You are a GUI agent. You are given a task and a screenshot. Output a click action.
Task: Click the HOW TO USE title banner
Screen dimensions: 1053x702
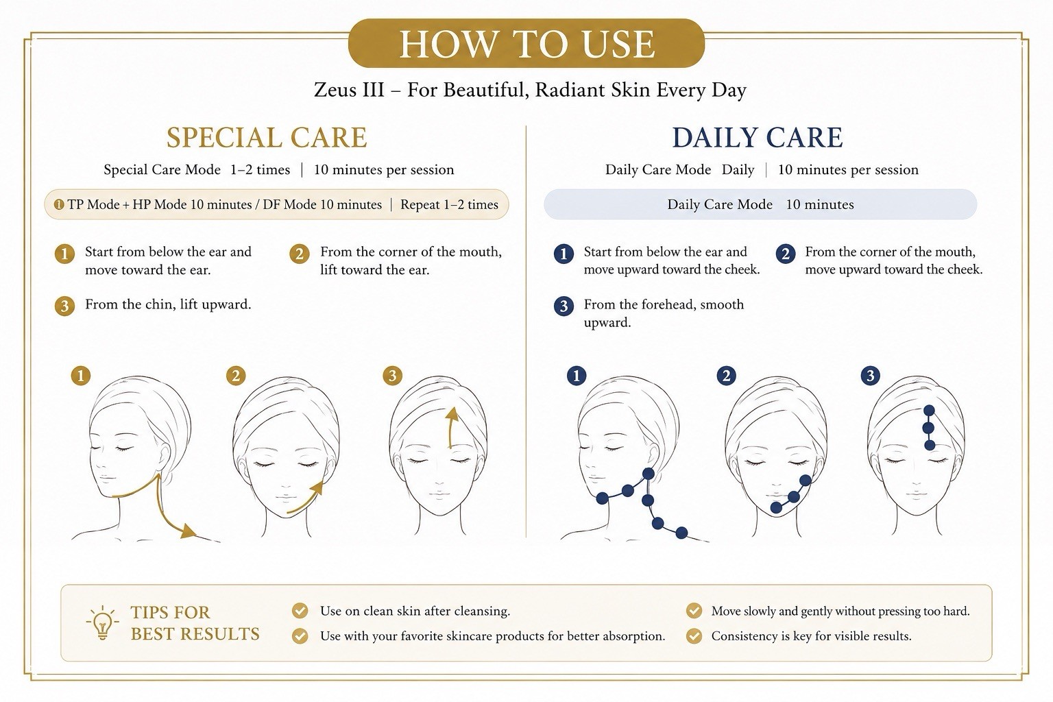[526, 43]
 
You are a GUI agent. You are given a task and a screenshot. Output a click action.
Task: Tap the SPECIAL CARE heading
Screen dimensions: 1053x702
[267, 137]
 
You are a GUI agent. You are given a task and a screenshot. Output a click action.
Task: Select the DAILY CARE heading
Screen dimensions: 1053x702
[758, 137]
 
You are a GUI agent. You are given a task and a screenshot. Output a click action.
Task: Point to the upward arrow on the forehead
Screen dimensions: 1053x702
[450, 427]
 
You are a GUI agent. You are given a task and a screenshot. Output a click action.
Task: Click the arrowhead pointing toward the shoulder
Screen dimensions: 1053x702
[189, 531]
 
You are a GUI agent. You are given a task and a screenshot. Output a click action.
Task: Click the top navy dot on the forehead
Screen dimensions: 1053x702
[929, 411]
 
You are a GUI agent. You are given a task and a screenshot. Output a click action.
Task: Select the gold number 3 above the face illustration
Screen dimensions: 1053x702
[393, 376]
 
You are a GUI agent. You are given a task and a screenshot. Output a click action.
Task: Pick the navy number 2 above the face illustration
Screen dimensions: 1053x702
[726, 376]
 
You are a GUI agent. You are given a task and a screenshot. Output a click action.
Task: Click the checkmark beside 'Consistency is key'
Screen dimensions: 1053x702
[694, 636]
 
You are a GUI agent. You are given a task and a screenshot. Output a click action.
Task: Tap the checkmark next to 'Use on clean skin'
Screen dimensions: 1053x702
[300, 611]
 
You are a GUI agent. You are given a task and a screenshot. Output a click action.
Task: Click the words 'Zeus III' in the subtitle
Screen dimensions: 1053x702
[349, 90]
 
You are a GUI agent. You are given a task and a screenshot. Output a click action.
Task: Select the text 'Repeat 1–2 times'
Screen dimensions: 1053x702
[449, 204]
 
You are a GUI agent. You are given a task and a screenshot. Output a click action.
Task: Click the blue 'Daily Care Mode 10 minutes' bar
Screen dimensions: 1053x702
[760, 204]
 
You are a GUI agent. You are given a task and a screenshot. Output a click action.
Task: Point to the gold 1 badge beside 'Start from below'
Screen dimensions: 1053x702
[64, 254]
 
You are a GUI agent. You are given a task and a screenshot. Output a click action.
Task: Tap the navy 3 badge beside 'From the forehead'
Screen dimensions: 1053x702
[564, 306]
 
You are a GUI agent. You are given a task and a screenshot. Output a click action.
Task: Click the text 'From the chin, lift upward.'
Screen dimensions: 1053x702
[168, 304]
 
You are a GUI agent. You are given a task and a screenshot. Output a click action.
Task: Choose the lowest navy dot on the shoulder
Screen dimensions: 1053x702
[681, 533]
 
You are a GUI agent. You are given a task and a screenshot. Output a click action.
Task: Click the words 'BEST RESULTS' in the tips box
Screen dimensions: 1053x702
[195, 634]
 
